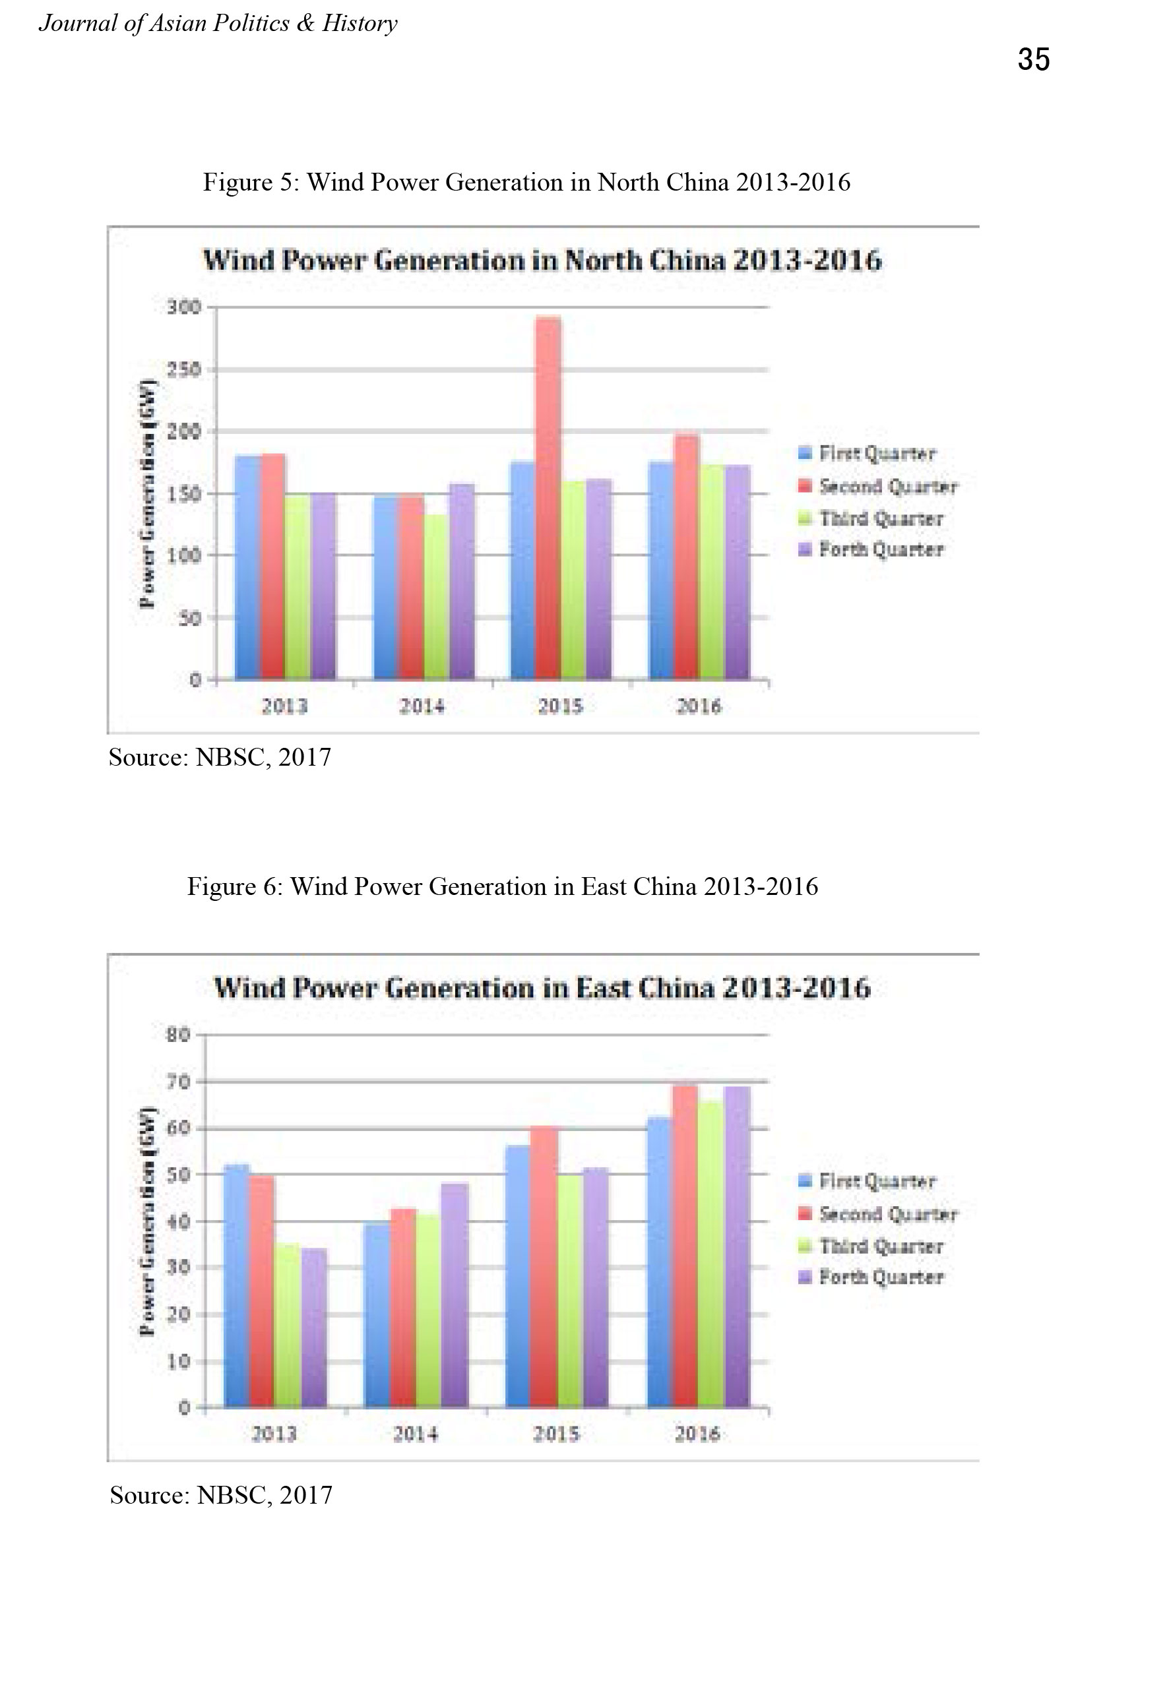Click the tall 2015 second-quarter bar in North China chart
pyautogui.click(x=548, y=498)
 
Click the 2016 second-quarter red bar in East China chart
pyautogui.click(x=685, y=1244)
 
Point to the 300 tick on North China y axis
pyautogui.click(x=184, y=307)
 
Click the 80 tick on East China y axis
pyautogui.click(x=178, y=1035)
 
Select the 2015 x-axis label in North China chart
pyautogui.click(x=559, y=706)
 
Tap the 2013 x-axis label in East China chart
pyautogui.click(x=274, y=1434)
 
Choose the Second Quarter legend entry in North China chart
pyautogui.click(x=879, y=486)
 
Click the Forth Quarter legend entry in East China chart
pyautogui.click(x=872, y=1277)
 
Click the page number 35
pyautogui.click(x=1034, y=59)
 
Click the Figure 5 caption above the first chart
pyautogui.click(x=526, y=181)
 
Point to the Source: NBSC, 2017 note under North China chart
pyautogui.click(x=220, y=756)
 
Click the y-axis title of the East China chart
pyautogui.click(x=148, y=1221)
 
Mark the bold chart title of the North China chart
pyautogui.click(x=542, y=261)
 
